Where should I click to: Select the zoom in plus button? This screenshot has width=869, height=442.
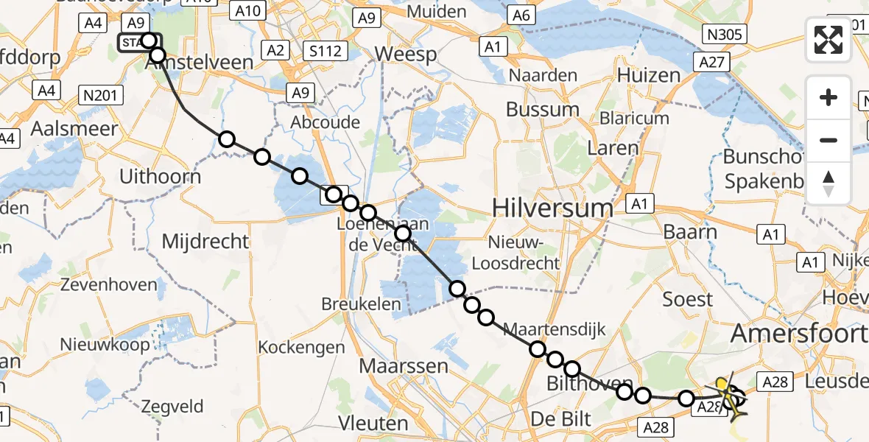click(828, 98)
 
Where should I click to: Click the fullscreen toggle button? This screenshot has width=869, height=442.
click(828, 41)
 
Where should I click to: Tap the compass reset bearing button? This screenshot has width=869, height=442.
click(828, 183)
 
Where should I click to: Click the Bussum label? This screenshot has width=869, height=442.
click(543, 110)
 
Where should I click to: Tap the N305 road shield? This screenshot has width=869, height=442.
click(726, 35)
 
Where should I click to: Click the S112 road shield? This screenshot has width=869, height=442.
click(324, 51)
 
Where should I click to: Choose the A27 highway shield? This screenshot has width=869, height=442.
click(711, 63)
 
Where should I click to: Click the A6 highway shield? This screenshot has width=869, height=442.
click(521, 15)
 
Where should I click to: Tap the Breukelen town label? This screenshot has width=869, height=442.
click(361, 304)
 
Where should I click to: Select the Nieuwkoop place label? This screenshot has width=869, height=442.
click(98, 344)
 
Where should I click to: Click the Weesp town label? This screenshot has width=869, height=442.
click(406, 55)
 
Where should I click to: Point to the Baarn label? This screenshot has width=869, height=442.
click(692, 231)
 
